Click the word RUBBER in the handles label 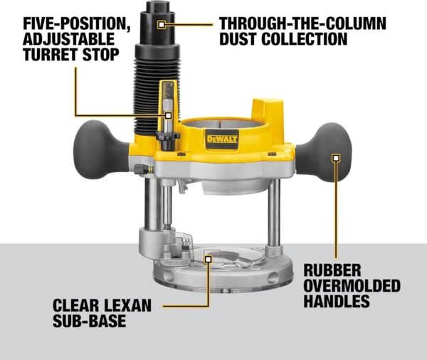pos(334,271)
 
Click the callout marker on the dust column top pos(163,24)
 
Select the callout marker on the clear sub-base pos(209,260)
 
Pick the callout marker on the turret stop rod pos(168,114)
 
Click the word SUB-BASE pos(89,322)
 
